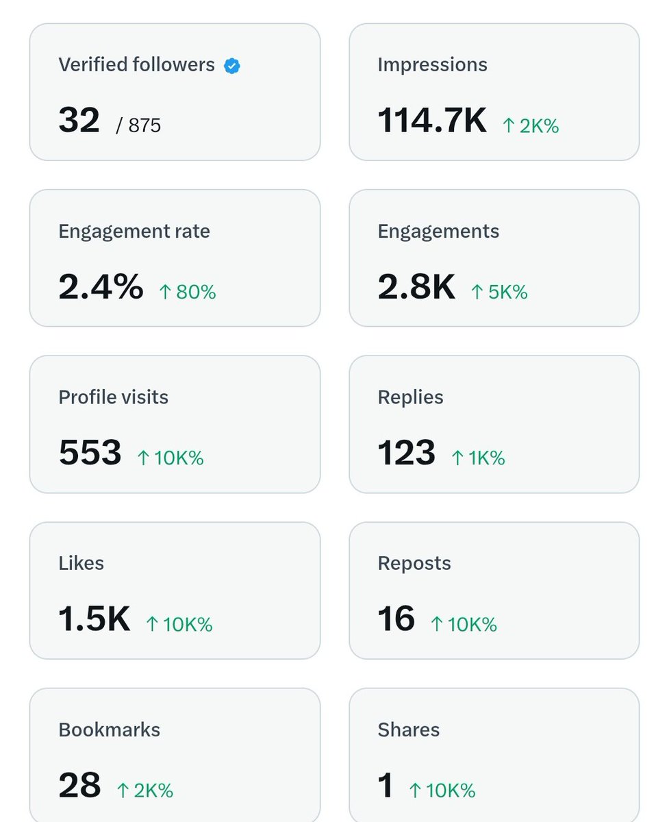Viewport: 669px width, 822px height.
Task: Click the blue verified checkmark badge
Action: tap(232, 66)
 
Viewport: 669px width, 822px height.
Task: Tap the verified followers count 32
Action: tap(79, 121)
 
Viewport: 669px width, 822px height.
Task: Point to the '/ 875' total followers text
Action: tap(139, 125)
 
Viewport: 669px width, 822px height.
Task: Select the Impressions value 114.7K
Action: tap(432, 121)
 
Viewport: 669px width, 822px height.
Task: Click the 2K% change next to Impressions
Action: tap(531, 126)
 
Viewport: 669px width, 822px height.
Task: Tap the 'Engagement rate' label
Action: tap(134, 232)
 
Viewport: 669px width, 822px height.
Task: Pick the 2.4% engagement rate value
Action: tap(101, 287)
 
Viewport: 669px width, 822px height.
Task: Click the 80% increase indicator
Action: tap(188, 292)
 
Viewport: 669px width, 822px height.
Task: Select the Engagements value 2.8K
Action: tap(416, 287)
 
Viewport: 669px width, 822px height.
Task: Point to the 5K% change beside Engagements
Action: tap(499, 292)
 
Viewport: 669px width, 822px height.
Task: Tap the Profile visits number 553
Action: tap(90, 453)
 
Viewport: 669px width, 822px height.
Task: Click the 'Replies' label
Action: tap(410, 397)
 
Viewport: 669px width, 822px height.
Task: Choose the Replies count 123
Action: tap(407, 453)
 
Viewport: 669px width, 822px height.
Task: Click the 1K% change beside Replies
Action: tap(478, 458)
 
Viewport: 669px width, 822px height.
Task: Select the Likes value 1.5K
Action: tap(94, 619)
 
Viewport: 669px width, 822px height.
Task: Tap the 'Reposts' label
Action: tap(414, 564)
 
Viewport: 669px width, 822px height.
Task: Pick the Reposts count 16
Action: tap(396, 619)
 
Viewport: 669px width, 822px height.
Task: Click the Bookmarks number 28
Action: tap(80, 786)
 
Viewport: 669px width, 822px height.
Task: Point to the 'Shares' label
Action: tap(409, 730)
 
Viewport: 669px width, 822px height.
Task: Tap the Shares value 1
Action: tap(386, 786)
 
